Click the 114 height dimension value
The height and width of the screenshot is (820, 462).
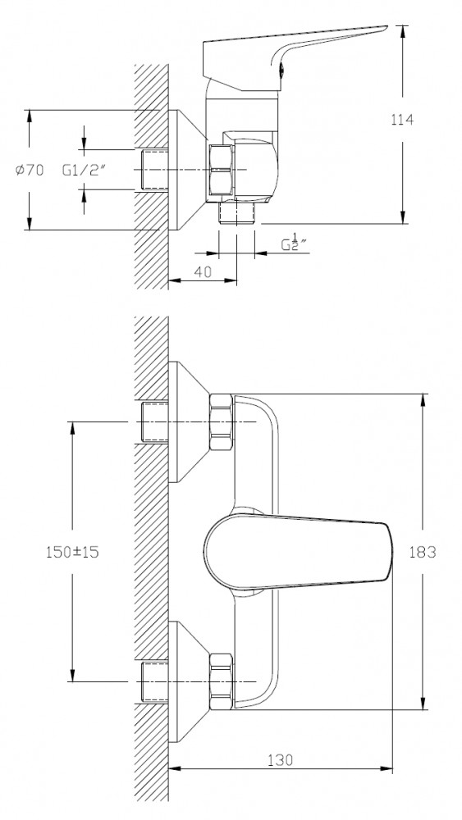(402, 120)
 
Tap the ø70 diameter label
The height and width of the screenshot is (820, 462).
(30, 170)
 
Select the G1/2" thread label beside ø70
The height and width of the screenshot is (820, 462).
(85, 170)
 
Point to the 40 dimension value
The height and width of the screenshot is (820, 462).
(203, 272)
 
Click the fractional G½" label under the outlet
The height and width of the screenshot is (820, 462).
(294, 244)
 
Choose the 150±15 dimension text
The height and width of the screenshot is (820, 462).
(72, 552)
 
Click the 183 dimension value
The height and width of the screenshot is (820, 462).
(423, 552)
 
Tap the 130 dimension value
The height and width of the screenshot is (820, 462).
(281, 759)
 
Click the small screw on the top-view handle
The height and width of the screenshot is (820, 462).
(281, 67)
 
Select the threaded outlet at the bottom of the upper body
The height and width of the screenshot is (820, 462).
(236, 213)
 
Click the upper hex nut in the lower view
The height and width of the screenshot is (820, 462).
(221, 421)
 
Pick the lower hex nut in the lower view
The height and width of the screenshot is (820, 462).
(221, 681)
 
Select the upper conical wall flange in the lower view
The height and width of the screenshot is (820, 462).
(189, 421)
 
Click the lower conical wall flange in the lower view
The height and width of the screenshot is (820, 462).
(189, 681)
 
